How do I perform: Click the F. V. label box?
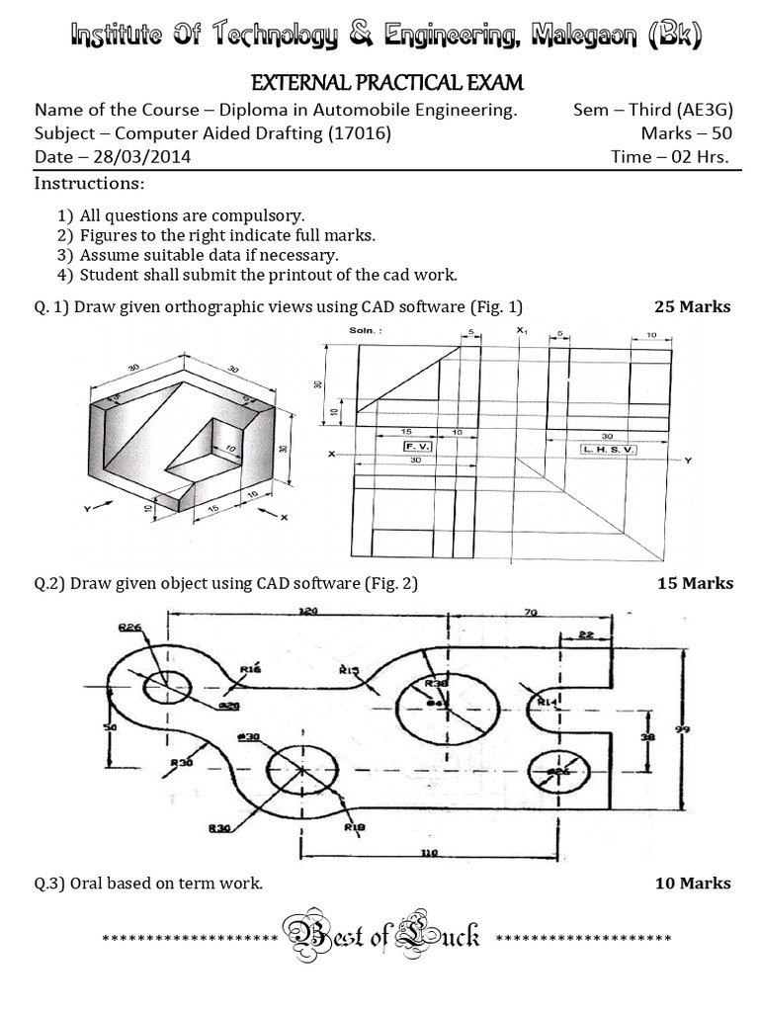click(x=416, y=447)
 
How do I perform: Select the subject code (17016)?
click(x=362, y=134)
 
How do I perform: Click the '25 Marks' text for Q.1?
click(x=692, y=306)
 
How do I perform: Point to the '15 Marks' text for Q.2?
click(x=695, y=583)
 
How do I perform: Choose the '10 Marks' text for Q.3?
click(x=693, y=883)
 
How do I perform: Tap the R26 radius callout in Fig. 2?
click(x=128, y=627)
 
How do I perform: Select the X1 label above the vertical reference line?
click(x=521, y=329)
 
